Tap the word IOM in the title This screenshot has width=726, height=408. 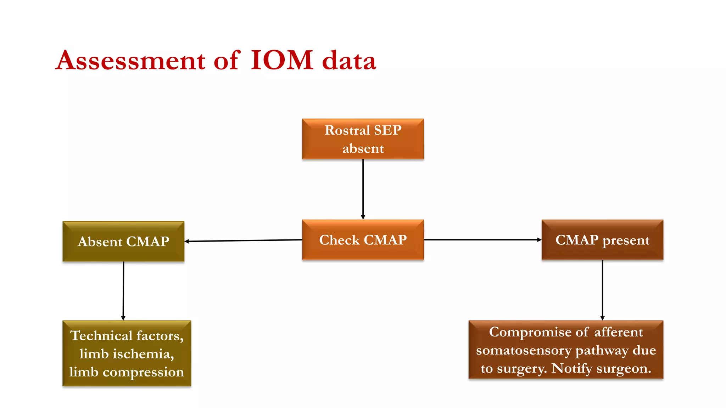(x=282, y=60)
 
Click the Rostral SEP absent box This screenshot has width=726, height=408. (x=363, y=139)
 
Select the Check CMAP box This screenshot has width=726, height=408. (x=363, y=240)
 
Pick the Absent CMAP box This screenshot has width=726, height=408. (x=123, y=242)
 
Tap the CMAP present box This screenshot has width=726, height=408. (x=602, y=240)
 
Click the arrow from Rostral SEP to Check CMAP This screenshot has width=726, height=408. (x=363, y=189)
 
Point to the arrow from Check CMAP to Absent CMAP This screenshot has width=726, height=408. (x=243, y=240)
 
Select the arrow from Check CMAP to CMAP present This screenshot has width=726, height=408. (x=482, y=240)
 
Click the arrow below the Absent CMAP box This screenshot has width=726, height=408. (x=123, y=290)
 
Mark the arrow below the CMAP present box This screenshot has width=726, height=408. (x=602, y=290)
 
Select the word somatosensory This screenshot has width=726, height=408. (x=524, y=350)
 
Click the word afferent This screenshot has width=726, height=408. (x=618, y=332)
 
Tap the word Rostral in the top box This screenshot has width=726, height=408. (x=347, y=130)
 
